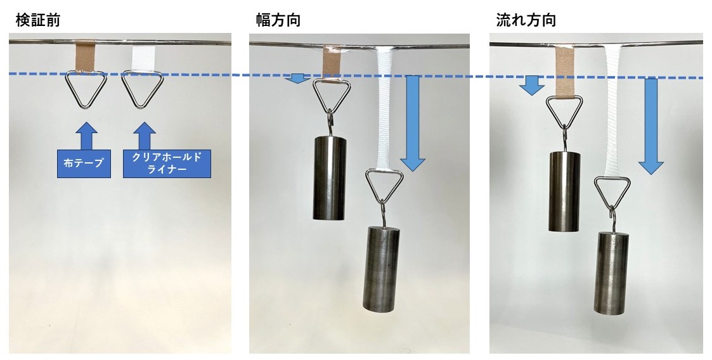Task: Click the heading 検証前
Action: click(x=37, y=20)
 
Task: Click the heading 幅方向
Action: click(x=278, y=20)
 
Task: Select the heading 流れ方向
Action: click(x=526, y=20)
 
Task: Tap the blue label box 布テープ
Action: click(x=84, y=164)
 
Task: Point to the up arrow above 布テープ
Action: click(x=86, y=135)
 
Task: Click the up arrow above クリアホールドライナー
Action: click(x=145, y=135)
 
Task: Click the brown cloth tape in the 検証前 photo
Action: click(x=85, y=56)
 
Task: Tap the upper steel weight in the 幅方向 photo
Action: click(x=330, y=178)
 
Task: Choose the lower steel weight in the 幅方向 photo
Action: click(x=382, y=269)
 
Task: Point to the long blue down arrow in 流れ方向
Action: click(x=651, y=126)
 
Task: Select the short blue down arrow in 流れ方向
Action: click(x=532, y=86)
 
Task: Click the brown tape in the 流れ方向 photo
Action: click(x=565, y=71)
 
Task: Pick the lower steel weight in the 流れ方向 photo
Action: click(x=611, y=273)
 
